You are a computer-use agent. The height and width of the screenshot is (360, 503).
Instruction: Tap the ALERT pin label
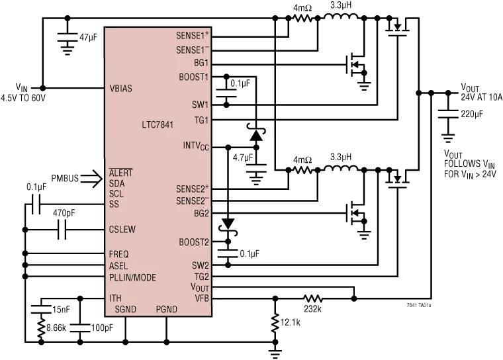[x=121, y=173]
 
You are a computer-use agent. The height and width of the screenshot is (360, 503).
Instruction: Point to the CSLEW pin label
[x=122, y=230]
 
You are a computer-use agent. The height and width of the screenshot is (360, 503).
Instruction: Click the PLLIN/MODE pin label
[x=132, y=277]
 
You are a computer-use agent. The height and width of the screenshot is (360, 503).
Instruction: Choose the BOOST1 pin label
[x=193, y=77]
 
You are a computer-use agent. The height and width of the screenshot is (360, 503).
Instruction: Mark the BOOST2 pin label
[x=193, y=242]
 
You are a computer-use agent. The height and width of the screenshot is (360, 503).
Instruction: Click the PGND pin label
[x=167, y=309]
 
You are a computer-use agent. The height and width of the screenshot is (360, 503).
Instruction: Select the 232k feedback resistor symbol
[x=312, y=298]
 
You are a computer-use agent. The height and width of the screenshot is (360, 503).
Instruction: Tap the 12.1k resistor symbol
[x=275, y=323]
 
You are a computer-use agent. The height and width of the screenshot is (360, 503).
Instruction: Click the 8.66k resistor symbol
[x=41, y=328]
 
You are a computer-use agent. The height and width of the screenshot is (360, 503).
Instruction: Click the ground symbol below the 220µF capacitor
[x=448, y=138]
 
